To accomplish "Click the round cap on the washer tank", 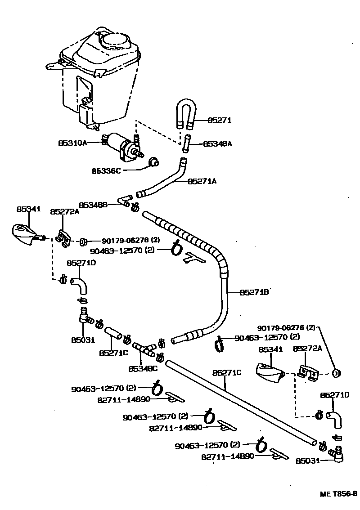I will [x=115, y=42].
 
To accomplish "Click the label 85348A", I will [x=217, y=144].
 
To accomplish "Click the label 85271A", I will [x=202, y=181].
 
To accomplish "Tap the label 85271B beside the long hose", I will [x=254, y=292].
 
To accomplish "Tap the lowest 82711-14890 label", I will [x=228, y=456].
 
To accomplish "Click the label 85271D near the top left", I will [x=81, y=263].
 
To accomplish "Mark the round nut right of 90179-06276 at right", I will [x=336, y=372].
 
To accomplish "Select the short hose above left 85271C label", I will [x=114, y=335].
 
